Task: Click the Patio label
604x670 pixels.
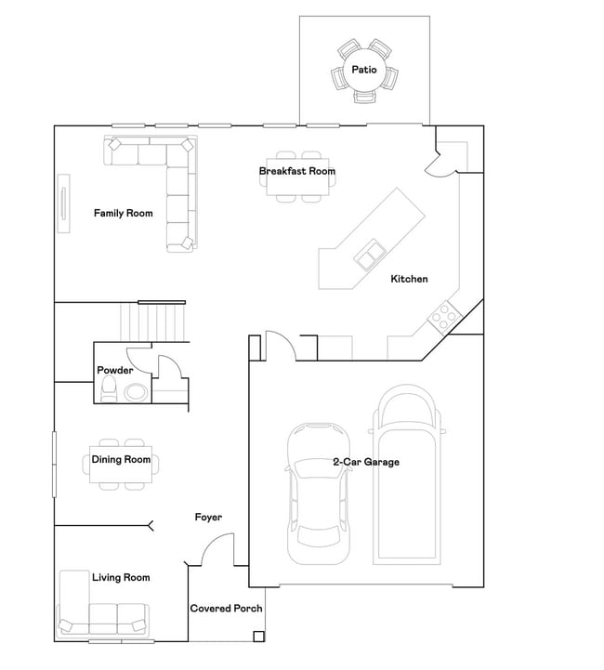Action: [364, 69]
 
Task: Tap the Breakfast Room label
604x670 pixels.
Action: [296, 171]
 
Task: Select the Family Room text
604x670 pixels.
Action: [123, 213]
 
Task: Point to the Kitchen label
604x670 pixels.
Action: [409, 279]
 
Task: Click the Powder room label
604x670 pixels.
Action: [115, 370]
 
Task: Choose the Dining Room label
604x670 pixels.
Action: [121, 459]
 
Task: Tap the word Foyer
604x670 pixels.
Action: [208, 517]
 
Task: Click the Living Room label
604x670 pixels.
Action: [121, 577]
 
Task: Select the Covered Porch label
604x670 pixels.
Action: [226, 608]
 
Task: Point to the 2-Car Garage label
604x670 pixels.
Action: [366, 462]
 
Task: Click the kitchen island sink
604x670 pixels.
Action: [370, 256]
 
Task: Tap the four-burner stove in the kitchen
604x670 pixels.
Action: [445, 317]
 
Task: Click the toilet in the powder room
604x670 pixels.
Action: [108, 388]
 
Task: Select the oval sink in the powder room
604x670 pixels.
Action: [137, 392]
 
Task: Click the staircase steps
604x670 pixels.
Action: [153, 322]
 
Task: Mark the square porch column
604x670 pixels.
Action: [258, 637]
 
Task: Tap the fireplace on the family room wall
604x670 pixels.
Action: [63, 204]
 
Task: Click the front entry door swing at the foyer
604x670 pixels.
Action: [217, 549]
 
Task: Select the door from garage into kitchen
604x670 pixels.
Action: [281, 346]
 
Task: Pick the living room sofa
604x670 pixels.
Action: [102, 615]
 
